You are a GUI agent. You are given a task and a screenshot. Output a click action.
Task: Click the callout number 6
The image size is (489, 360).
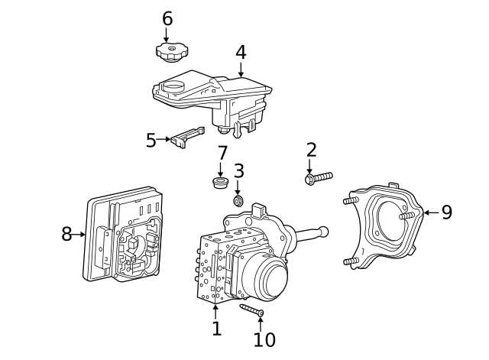167,18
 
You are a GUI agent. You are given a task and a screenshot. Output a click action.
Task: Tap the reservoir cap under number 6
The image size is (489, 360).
171,52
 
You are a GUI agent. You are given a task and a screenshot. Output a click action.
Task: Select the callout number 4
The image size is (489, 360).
241,53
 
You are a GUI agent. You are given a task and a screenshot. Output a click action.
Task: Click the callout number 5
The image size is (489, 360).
151,140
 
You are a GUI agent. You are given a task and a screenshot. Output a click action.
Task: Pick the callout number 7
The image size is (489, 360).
222,154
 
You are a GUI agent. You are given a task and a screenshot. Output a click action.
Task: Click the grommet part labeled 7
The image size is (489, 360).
221,184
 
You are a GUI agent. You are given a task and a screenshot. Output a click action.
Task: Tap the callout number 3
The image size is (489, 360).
238,171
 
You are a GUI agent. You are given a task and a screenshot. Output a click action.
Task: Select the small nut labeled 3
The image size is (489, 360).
238,201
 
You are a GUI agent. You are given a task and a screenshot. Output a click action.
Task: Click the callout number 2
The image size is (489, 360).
311,150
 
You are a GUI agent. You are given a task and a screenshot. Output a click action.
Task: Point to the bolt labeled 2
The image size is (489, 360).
319,178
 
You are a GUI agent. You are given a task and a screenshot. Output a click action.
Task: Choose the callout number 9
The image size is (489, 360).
446,212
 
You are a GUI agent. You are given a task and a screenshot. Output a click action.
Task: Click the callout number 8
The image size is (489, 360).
67,234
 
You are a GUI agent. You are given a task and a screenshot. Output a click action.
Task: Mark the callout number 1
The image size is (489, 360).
217,329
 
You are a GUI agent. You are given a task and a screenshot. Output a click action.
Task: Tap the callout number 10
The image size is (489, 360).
264,339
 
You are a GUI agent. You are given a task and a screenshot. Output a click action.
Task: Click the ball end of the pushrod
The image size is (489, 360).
324,231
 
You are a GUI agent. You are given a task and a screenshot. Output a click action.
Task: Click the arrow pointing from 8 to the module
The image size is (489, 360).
80,235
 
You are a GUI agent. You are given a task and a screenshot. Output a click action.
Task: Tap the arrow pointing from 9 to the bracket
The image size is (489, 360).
429,212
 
